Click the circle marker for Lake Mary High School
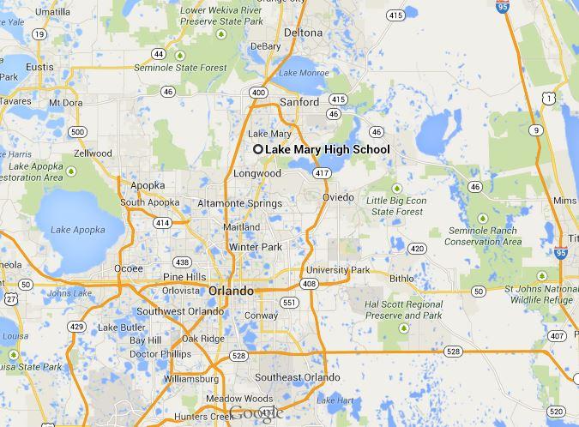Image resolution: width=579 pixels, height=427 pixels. pyautogui.click(x=257, y=149)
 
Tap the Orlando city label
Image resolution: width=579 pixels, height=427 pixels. pyautogui.click(x=232, y=291)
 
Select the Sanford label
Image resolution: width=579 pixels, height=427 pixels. pyautogui.click(x=300, y=102)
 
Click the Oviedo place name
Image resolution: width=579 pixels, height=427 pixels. pyautogui.click(x=338, y=197)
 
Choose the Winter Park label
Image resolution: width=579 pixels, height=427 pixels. pyautogui.click(x=255, y=247)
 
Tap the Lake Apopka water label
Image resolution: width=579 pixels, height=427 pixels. pyautogui.click(x=77, y=230)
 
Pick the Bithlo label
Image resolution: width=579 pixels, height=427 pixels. pyautogui.click(x=401, y=278)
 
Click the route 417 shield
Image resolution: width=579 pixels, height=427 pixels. pyautogui.click(x=322, y=173)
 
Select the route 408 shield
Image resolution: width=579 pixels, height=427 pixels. pyautogui.click(x=308, y=284)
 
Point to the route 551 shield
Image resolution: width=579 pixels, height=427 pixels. pyautogui.click(x=289, y=303)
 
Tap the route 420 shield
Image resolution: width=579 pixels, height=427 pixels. pyautogui.click(x=417, y=249)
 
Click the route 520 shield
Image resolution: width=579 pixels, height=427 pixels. pyautogui.click(x=557, y=412)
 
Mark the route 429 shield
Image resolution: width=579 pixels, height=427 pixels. pyautogui.click(x=77, y=327)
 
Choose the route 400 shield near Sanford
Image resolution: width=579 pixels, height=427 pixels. pyautogui.click(x=258, y=92)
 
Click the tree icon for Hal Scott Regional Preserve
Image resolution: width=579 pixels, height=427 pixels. pyautogui.click(x=404, y=328)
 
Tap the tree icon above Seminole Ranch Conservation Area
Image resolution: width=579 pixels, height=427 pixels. pyautogui.click(x=483, y=218)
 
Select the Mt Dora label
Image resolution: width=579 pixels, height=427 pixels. pyautogui.click(x=65, y=103)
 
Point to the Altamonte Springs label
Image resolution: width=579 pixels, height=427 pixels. pyautogui.click(x=239, y=203)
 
